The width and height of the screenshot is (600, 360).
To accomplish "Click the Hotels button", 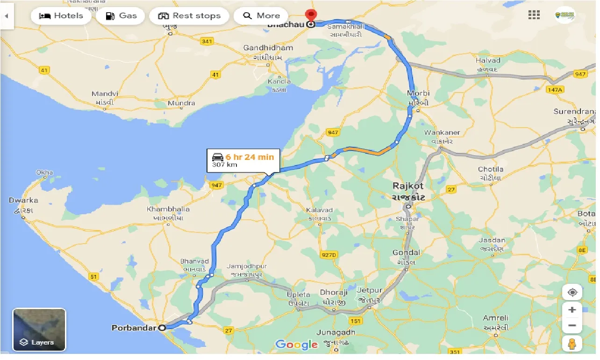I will (x=61, y=15).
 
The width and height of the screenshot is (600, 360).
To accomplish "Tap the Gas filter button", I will (x=121, y=15).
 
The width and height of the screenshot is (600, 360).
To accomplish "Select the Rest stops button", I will (x=189, y=15).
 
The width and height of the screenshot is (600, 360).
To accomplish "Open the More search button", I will (x=261, y=15).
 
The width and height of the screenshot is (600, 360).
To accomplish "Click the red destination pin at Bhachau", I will (x=310, y=15).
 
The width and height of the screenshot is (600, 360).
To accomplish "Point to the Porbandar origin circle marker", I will (x=162, y=328).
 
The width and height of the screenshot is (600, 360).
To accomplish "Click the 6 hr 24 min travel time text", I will (x=250, y=157).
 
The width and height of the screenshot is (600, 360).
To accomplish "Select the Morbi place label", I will (x=418, y=93).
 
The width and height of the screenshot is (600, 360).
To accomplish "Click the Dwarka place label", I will (x=23, y=201).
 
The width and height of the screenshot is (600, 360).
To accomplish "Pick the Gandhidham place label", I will (x=268, y=48).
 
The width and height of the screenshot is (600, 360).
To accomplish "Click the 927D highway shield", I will (x=329, y=255).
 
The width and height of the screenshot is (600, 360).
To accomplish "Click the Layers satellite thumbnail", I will (x=39, y=330).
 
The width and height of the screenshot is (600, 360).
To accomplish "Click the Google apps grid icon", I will (x=534, y=15).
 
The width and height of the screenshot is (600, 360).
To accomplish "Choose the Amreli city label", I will (x=495, y=318).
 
